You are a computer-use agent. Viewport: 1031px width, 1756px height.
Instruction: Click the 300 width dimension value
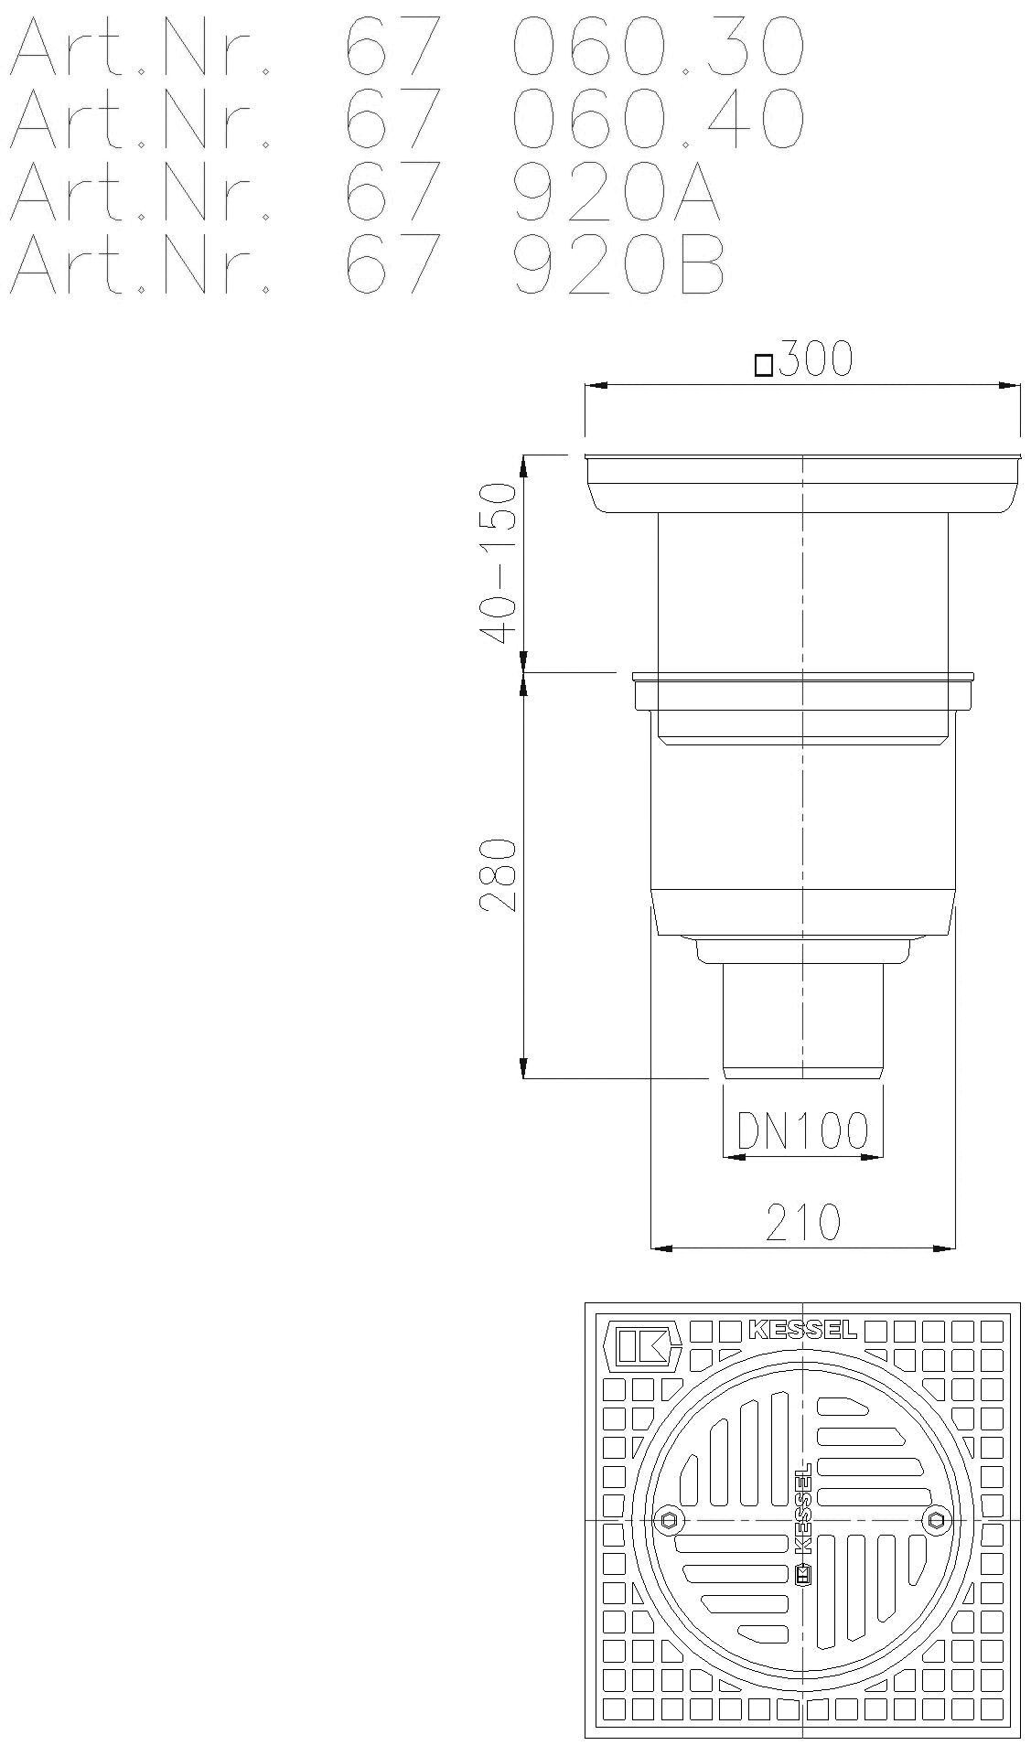tap(814, 360)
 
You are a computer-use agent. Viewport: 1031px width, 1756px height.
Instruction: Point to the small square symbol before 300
tap(763, 367)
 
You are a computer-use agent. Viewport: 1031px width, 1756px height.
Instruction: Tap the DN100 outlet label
tap(802, 1131)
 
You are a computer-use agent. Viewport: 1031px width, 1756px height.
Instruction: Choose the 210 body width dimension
tap(802, 1221)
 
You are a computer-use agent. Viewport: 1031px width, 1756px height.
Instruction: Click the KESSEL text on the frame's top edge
tap(802, 1329)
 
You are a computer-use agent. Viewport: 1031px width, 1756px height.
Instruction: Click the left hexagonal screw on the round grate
tap(671, 1520)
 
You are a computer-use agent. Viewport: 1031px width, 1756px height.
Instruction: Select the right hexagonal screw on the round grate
tap(935, 1520)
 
